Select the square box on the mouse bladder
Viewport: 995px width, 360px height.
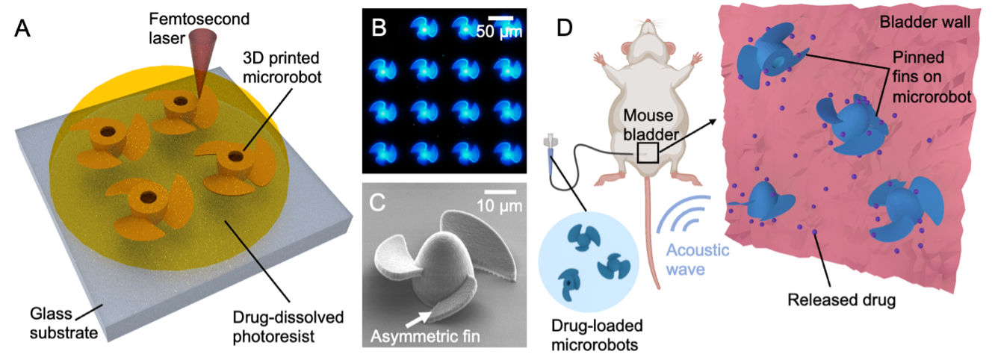647,152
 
